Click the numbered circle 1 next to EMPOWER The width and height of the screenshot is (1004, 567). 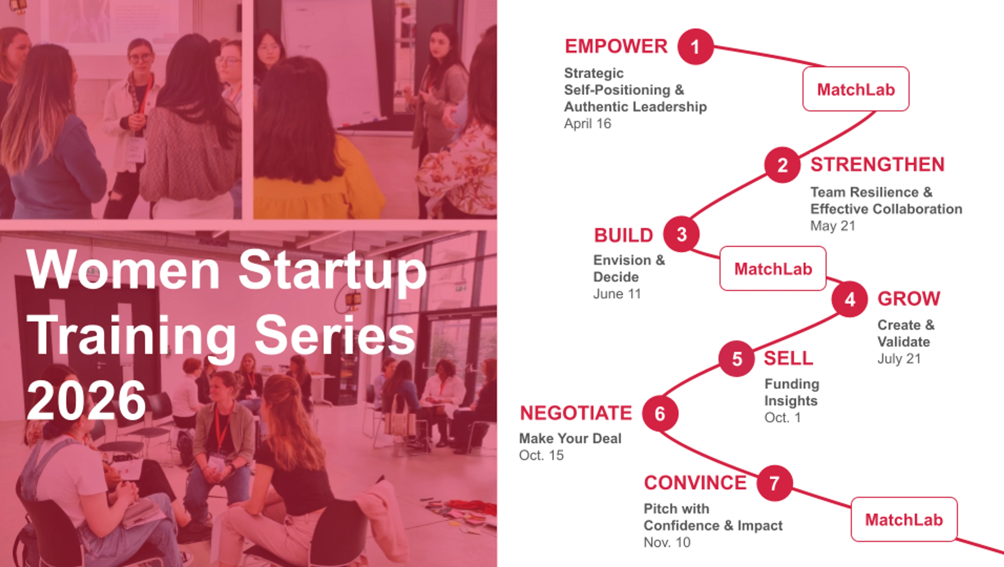695,47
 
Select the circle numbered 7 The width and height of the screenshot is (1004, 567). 775,483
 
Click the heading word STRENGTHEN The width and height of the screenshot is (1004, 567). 877,164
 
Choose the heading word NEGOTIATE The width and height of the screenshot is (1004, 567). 576,413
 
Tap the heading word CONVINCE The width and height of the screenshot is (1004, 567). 695,483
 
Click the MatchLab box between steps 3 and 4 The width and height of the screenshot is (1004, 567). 773,268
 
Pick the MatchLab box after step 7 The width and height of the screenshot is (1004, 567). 904,519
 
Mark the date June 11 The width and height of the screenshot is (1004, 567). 617,294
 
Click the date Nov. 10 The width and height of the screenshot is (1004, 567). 667,542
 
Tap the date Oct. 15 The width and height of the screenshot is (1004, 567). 541,455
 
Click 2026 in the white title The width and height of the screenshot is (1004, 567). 86,400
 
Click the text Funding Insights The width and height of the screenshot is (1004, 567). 792,392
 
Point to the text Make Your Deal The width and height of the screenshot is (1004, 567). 570,438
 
